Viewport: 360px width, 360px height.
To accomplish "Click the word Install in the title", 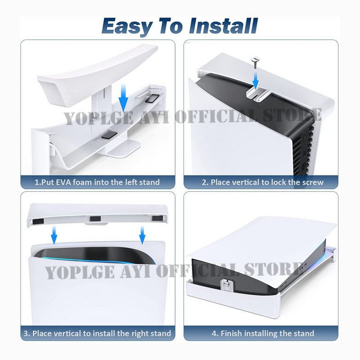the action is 223,26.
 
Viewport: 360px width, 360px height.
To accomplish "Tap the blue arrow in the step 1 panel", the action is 123,98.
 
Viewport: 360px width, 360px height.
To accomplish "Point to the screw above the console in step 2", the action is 255,63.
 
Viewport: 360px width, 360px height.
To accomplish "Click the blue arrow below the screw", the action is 255,79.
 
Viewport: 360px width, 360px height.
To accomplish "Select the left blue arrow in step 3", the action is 54,235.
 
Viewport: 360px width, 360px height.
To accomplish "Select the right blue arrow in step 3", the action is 142,235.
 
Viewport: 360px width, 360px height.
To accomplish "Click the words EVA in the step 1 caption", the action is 63,182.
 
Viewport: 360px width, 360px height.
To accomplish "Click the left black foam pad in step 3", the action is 38,221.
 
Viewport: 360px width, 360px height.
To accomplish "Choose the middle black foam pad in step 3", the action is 95,219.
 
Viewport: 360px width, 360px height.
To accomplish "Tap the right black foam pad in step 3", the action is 157,218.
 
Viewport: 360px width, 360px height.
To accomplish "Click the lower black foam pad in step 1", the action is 109,135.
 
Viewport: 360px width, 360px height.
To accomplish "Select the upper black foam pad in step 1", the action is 152,99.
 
